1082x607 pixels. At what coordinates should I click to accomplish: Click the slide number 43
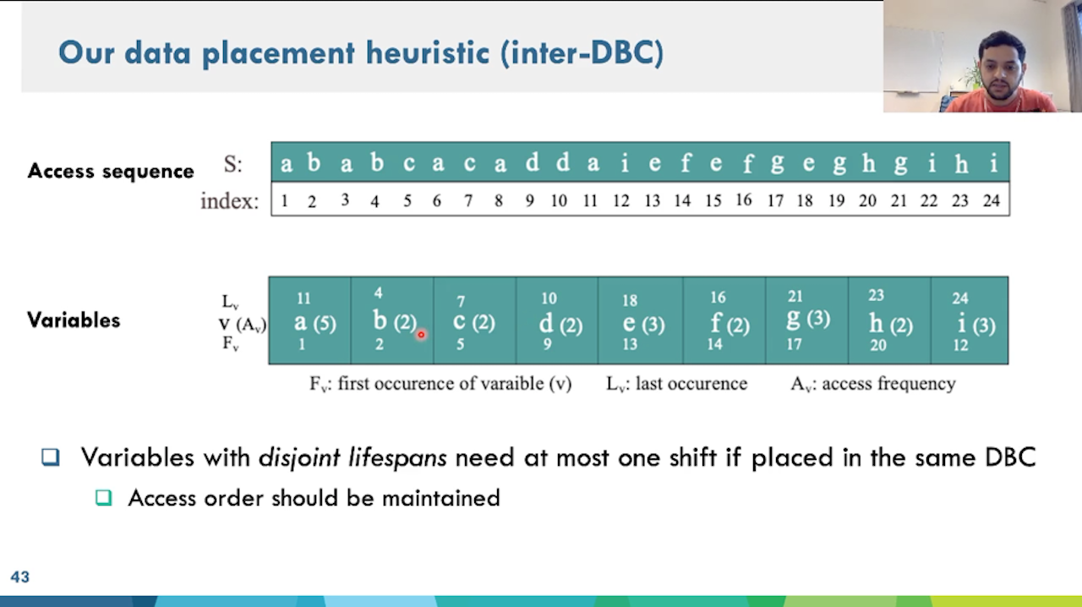(x=19, y=577)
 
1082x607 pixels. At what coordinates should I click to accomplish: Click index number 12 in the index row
(x=621, y=200)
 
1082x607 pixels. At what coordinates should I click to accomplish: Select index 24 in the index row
(x=992, y=200)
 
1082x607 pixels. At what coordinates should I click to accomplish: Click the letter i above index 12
(x=625, y=163)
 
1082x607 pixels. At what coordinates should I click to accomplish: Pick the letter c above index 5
(x=408, y=163)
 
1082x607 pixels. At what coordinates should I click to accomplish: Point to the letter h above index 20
(x=868, y=163)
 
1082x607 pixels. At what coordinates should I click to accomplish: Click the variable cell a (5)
(x=309, y=320)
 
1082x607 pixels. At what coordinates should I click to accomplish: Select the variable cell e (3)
(x=640, y=320)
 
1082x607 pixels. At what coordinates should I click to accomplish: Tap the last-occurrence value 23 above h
(x=877, y=295)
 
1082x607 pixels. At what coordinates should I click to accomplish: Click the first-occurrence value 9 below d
(x=547, y=344)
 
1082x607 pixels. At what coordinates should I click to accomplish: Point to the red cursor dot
(x=421, y=335)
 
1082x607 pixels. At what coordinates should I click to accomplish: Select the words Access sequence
(x=111, y=171)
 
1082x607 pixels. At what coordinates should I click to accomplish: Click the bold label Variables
(x=74, y=320)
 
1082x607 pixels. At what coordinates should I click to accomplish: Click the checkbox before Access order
(x=103, y=497)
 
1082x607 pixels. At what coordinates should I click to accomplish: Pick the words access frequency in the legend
(x=888, y=384)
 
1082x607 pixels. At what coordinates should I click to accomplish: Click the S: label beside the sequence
(x=232, y=164)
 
